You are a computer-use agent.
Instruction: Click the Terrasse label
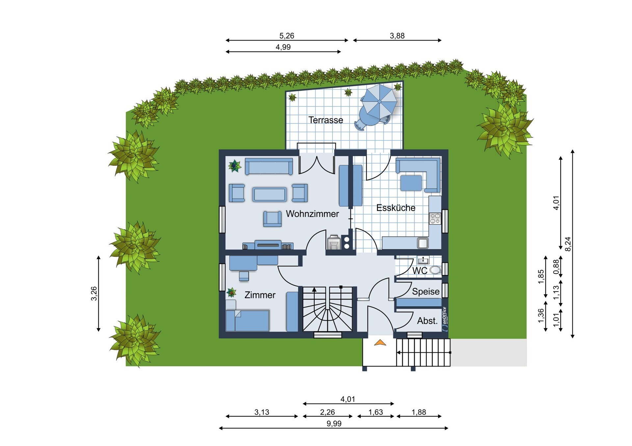326,120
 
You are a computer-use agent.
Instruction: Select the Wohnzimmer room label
312,214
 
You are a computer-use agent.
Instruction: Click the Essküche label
396,208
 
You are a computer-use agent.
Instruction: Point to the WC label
420,271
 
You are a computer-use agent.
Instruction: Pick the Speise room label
426,292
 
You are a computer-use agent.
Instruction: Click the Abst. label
427,321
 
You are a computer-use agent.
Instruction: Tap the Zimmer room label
260,295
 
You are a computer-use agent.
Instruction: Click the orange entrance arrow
380,342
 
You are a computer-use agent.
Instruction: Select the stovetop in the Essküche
435,219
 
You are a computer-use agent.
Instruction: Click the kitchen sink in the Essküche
423,243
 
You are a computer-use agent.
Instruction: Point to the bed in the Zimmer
248,320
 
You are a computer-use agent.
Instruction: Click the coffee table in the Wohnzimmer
270,194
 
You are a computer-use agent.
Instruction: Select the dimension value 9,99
334,424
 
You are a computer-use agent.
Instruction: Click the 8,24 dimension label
568,244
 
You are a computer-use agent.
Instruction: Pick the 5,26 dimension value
287,35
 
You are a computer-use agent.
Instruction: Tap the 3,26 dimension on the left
94,293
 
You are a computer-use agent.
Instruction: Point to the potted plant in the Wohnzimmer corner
235,166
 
